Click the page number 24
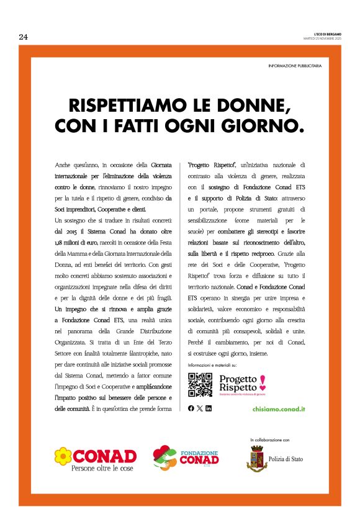tap(24, 37)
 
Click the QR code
tap(200, 385)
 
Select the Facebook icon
tap(191, 408)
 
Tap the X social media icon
tap(199, 408)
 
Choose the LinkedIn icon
tap(209, 408)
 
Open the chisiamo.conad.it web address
tap(279, 409)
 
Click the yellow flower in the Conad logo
tap(62, 456)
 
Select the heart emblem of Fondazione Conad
tap(164, 458)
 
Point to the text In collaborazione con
tap(270, 439)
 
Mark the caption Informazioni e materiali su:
tap(212, 366)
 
